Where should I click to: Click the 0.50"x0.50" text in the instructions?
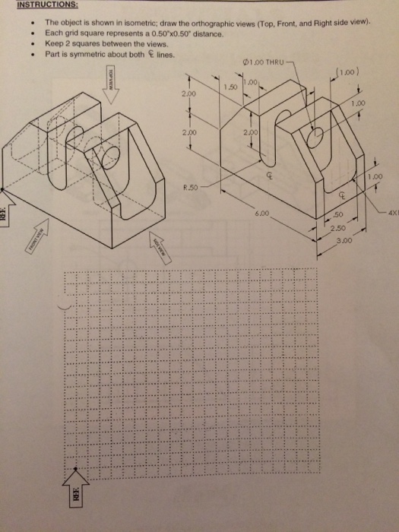point(163,33)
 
